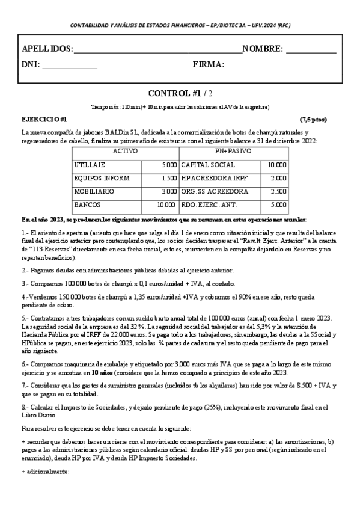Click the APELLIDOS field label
point(47,49)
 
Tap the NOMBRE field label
point(262,49)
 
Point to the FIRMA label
point(209,64)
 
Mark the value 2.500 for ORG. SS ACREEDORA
point(278,191)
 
